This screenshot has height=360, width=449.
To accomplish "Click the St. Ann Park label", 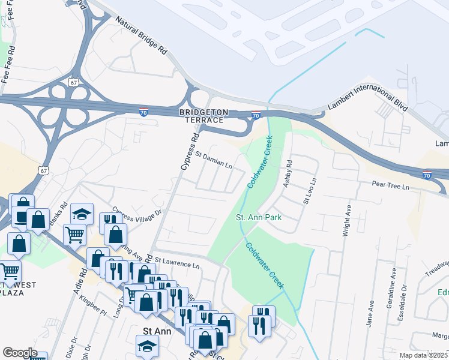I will (x=258, y=217).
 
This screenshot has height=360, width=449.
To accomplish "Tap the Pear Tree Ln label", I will (x=390, y=187).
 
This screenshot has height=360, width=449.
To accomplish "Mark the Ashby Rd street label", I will (x=288, y=173).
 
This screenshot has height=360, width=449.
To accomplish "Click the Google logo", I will (x=20, y=353).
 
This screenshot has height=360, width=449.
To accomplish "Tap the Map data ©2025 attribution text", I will (x=424, y=355).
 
